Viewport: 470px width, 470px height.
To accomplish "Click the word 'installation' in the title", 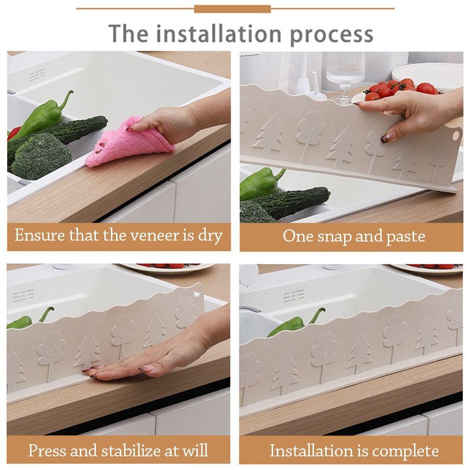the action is pyautogui.click(x=218, y=34).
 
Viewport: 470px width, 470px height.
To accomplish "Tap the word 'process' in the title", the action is pyautogui.click(x=331, y=36).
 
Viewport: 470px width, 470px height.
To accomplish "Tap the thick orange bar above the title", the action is pyautogui.click(x=232, y=9).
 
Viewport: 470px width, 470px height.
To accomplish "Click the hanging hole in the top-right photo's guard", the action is pyautogui.click(x=455, y=136).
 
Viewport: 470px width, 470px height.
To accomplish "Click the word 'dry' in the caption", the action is pyautogui.click(x=210, y=236).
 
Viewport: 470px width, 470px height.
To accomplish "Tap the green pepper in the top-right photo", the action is pyautogui.click(x=260, y=183).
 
